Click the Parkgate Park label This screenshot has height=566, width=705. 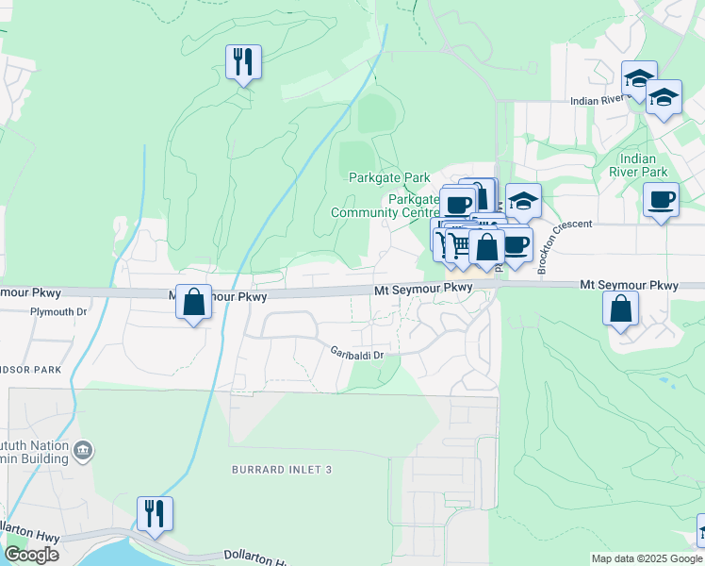(388, 177)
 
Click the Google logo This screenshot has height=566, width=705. (31, 555)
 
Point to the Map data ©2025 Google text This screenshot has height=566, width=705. (648, 558)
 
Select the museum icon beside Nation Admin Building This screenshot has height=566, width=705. (84, 451)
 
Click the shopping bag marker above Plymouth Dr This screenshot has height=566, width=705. (193, 304)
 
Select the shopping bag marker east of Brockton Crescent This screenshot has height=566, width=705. (620, 308)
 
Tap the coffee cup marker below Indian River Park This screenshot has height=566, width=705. (661, 200)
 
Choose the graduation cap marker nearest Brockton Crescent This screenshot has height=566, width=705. (523, 201)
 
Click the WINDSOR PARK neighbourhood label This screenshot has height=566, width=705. (28, 370)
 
